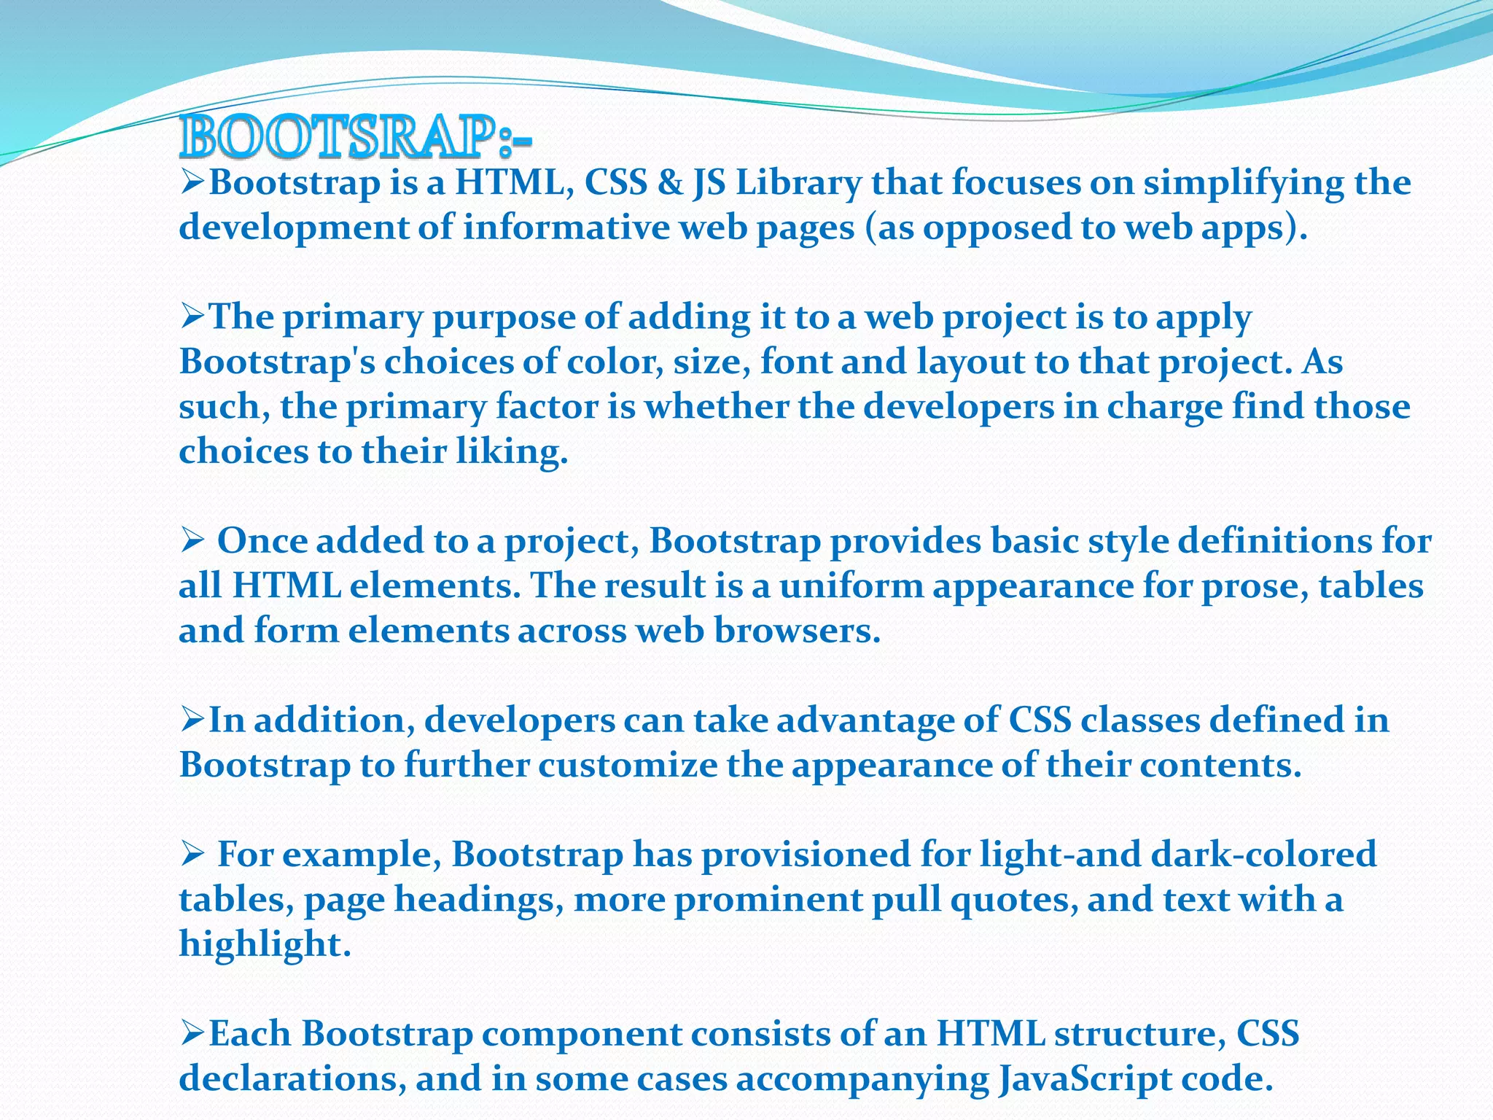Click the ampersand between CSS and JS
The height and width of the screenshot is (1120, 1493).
670,182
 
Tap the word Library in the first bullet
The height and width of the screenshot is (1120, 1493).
799,182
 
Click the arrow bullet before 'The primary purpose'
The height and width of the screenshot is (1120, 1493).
192,317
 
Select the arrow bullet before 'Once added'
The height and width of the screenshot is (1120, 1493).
192,541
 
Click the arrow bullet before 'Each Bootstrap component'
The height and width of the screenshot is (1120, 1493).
192,1033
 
